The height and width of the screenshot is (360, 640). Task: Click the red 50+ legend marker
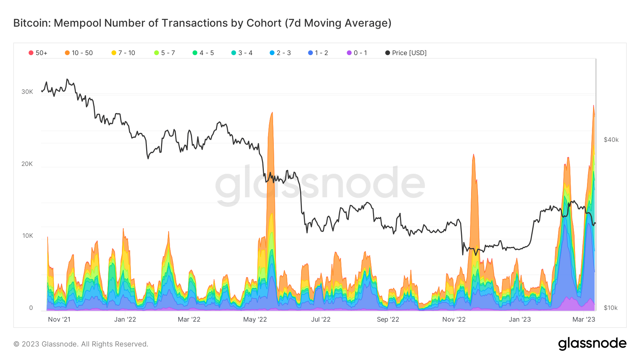(x=31, y=53)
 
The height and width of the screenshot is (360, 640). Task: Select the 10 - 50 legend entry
(x=79, y=53)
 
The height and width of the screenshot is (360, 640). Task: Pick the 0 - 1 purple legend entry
(x=357, y=53)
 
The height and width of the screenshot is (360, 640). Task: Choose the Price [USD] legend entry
(x=406, y=53)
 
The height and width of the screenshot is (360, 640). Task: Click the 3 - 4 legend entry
(x=242, y=53)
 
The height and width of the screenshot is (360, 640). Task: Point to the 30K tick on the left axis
(x=27, y=92)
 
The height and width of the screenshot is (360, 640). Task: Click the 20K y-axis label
(x=27, y=164)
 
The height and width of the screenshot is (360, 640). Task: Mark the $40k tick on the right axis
(x=611, y=140)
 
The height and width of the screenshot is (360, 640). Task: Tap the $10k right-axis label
(x=610, y=308)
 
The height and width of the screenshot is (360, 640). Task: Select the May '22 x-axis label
(x=255, y=319)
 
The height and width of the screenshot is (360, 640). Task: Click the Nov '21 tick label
(x=59, y=319)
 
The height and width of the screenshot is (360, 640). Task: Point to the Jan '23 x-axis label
(x=519, y=319)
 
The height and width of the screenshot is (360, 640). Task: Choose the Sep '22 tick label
(x=388, y=319)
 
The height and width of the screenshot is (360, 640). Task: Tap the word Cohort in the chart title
(x=264, y=23)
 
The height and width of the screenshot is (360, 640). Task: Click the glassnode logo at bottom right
(x=592, y=344)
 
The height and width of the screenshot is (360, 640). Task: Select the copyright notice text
(x=81, y=344)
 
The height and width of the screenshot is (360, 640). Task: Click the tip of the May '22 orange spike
(x=272, y=113)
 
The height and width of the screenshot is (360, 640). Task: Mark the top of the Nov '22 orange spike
(x=474, y=155)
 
